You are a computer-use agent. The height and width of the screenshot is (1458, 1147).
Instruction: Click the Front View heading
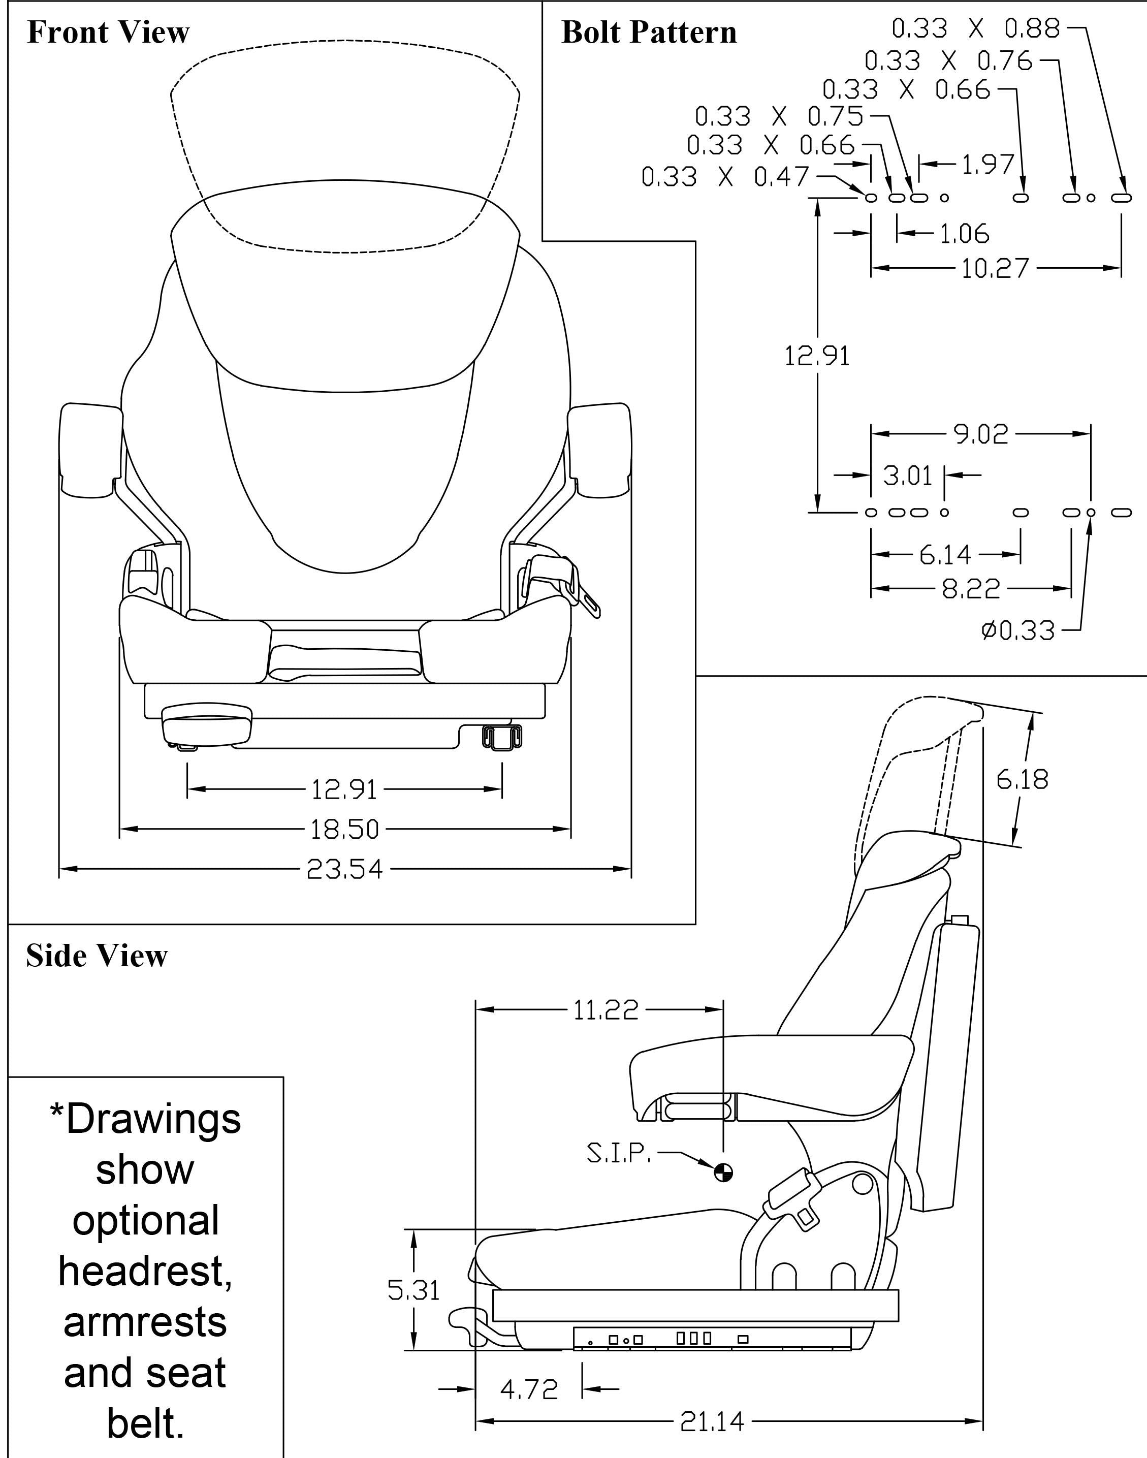(x=108, y=32)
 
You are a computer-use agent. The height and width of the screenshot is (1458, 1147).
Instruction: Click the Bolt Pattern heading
(x=649, y=32)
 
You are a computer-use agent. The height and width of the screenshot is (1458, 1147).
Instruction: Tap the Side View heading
(x=97, y=956)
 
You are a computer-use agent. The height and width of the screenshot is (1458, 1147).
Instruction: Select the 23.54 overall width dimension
(x=344, y=870)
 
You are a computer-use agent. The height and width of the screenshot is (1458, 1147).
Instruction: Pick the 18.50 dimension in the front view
(x=344, y=830)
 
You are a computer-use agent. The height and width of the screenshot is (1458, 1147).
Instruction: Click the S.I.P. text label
(x=619, y=1154)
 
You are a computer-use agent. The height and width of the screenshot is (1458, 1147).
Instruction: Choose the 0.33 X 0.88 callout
(x=975, y=28)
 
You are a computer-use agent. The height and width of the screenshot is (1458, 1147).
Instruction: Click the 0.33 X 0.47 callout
(x=725, y=177)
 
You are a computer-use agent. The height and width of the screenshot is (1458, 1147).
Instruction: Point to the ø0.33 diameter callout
(x=1018, y=631)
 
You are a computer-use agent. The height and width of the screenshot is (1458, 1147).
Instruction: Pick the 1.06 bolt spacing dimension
(x=964, y=234)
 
